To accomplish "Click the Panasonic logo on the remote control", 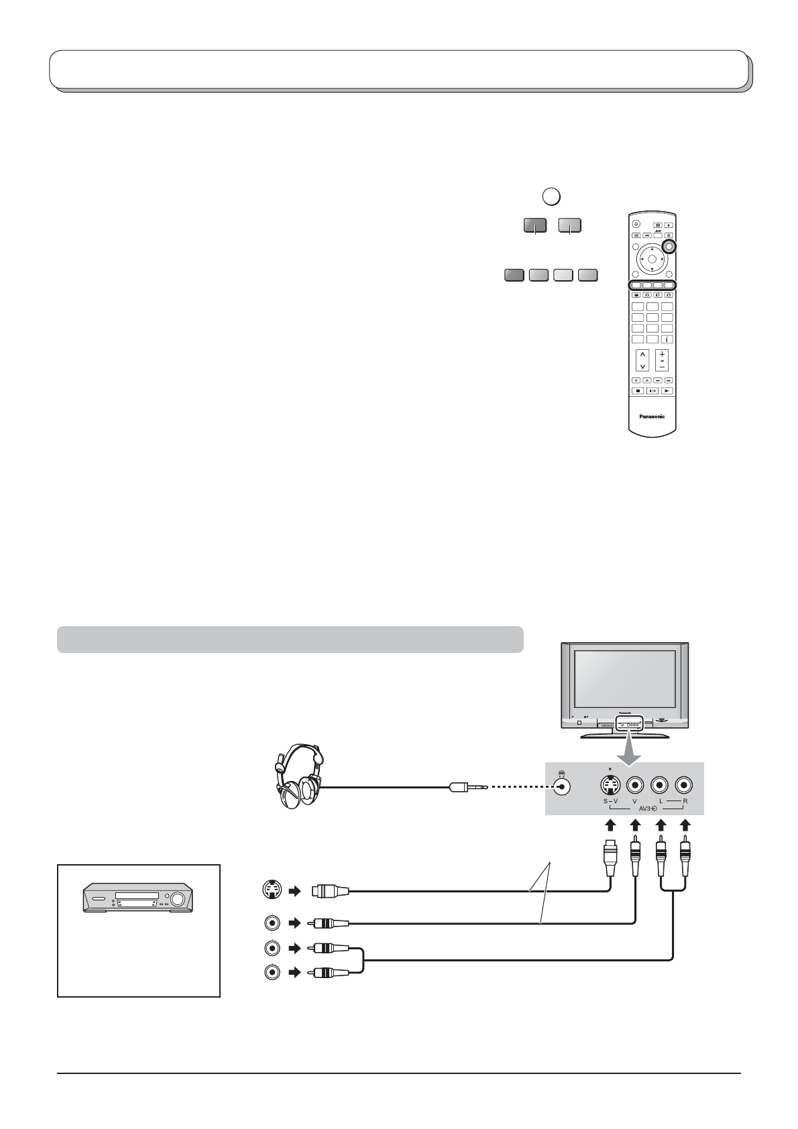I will click(652, 416).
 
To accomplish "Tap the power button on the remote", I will click(635, 225).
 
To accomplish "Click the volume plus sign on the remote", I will click(662, 354).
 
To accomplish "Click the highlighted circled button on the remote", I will click(668, 247).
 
